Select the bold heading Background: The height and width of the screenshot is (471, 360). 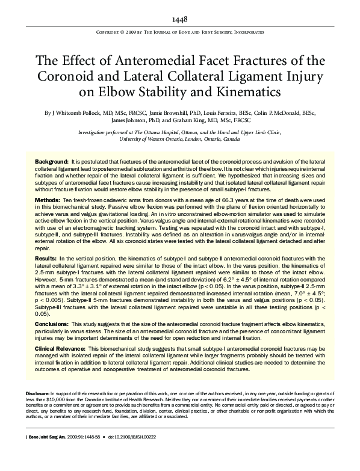point(51,163)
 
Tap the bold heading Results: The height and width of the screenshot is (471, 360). point(46,257)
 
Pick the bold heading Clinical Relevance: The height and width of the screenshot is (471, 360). point(61,348)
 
